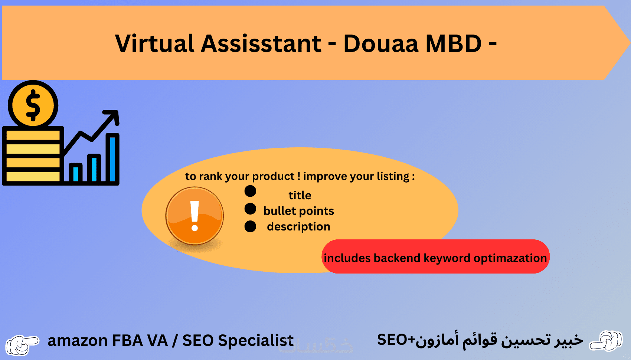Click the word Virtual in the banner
coord(155,43)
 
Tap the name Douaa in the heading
coord(381,43)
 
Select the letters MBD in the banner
coord(453,43)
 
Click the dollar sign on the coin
coord(33,105)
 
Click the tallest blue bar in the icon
coord(112,159)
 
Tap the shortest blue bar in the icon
coord(75,174)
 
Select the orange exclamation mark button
coord(194,216)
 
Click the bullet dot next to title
coord(250,191)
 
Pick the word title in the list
coord(300,195)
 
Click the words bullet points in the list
coord(298,211)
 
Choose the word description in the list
coord(298,226)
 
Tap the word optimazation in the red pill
coord(510,258)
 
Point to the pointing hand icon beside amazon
coord(22,344)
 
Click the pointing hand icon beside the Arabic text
coord(606,341)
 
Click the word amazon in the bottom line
coord(78,341)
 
